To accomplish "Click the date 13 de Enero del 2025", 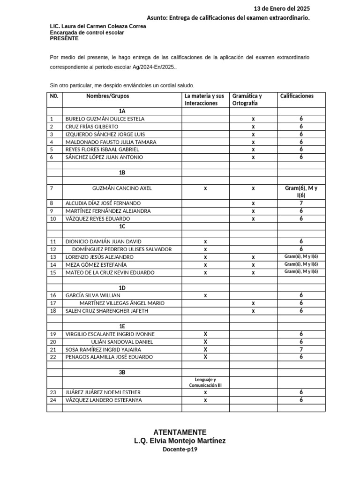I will pyautogui.click(x=281, y=8).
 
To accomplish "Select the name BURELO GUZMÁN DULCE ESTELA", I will pyautogui.click(x=105, y=119).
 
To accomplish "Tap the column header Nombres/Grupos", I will pyautogui.click(x=107, y=96).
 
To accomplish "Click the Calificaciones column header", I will pyautogui.click(x=297, y=96).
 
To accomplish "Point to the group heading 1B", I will pyautogui.click(x=122, y=172).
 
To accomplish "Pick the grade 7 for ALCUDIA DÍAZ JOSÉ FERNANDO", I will pyautogui.click(x=301, y=203).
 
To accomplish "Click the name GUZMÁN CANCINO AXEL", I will pyautogui.click(x=122, y=188).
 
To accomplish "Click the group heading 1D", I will pyautogui.click(x=122, y=288).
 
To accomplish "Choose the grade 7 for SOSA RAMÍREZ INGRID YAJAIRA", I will pyautogui.click(x=301, y=349).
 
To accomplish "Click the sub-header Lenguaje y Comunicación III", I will pyautogui.click(x=205, y=382).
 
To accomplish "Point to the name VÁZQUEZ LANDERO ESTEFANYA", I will pyautogui.click(x=103, y=400).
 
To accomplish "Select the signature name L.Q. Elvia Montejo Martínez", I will pyautogui.click(x=180, y=441).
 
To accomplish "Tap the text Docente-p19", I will pyautogui.click(x=180, y=449).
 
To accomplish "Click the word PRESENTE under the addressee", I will pyautogui.click(x=64, y=38).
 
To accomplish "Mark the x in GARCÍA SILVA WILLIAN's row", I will pyautogui.click(x=205, y=295).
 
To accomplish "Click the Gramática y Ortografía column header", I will pyautogui.click(x=247, y=99).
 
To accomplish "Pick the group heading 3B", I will pyautogui.click(x=122, y=372).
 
